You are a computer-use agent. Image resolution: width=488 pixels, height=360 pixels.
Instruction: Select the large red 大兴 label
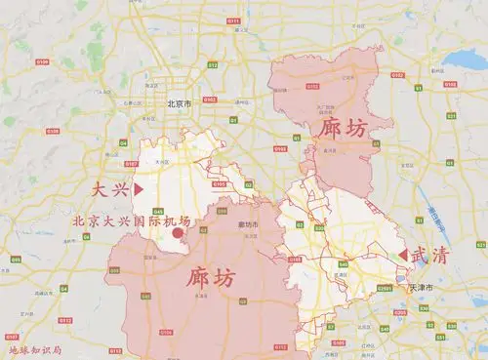pyautogui.click(x=110, y=186)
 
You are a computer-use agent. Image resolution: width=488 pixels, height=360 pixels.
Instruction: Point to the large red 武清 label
pyautogui.click(x=430, y=256)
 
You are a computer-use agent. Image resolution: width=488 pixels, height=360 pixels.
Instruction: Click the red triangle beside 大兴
pyautogui.click(x=139, y=186)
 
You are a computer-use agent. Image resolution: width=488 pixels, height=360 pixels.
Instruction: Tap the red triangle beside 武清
pyautogui.click(x=402, y=255)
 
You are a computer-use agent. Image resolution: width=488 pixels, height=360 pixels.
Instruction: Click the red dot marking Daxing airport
pyautogui.click(x=178, y=233)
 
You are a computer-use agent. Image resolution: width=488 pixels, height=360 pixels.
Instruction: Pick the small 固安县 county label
pyautogui.click(x=148, y=256)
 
